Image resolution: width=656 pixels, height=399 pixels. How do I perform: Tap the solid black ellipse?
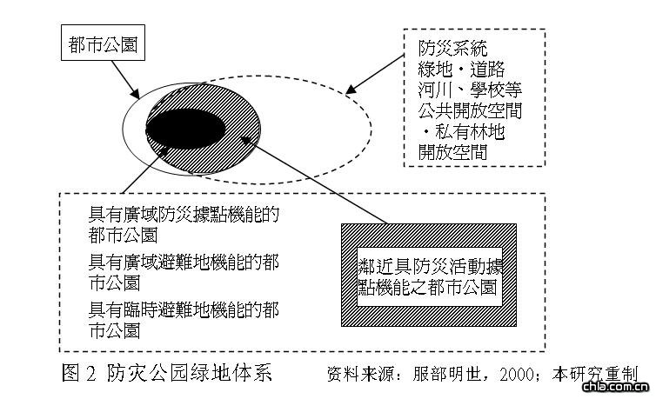pos(185,130)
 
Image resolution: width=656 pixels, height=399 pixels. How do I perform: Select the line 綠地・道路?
pos(461,70)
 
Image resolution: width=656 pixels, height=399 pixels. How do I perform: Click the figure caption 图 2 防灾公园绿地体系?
pos(167,374)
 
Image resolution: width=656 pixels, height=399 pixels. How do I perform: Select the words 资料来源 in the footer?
pos(358,375)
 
